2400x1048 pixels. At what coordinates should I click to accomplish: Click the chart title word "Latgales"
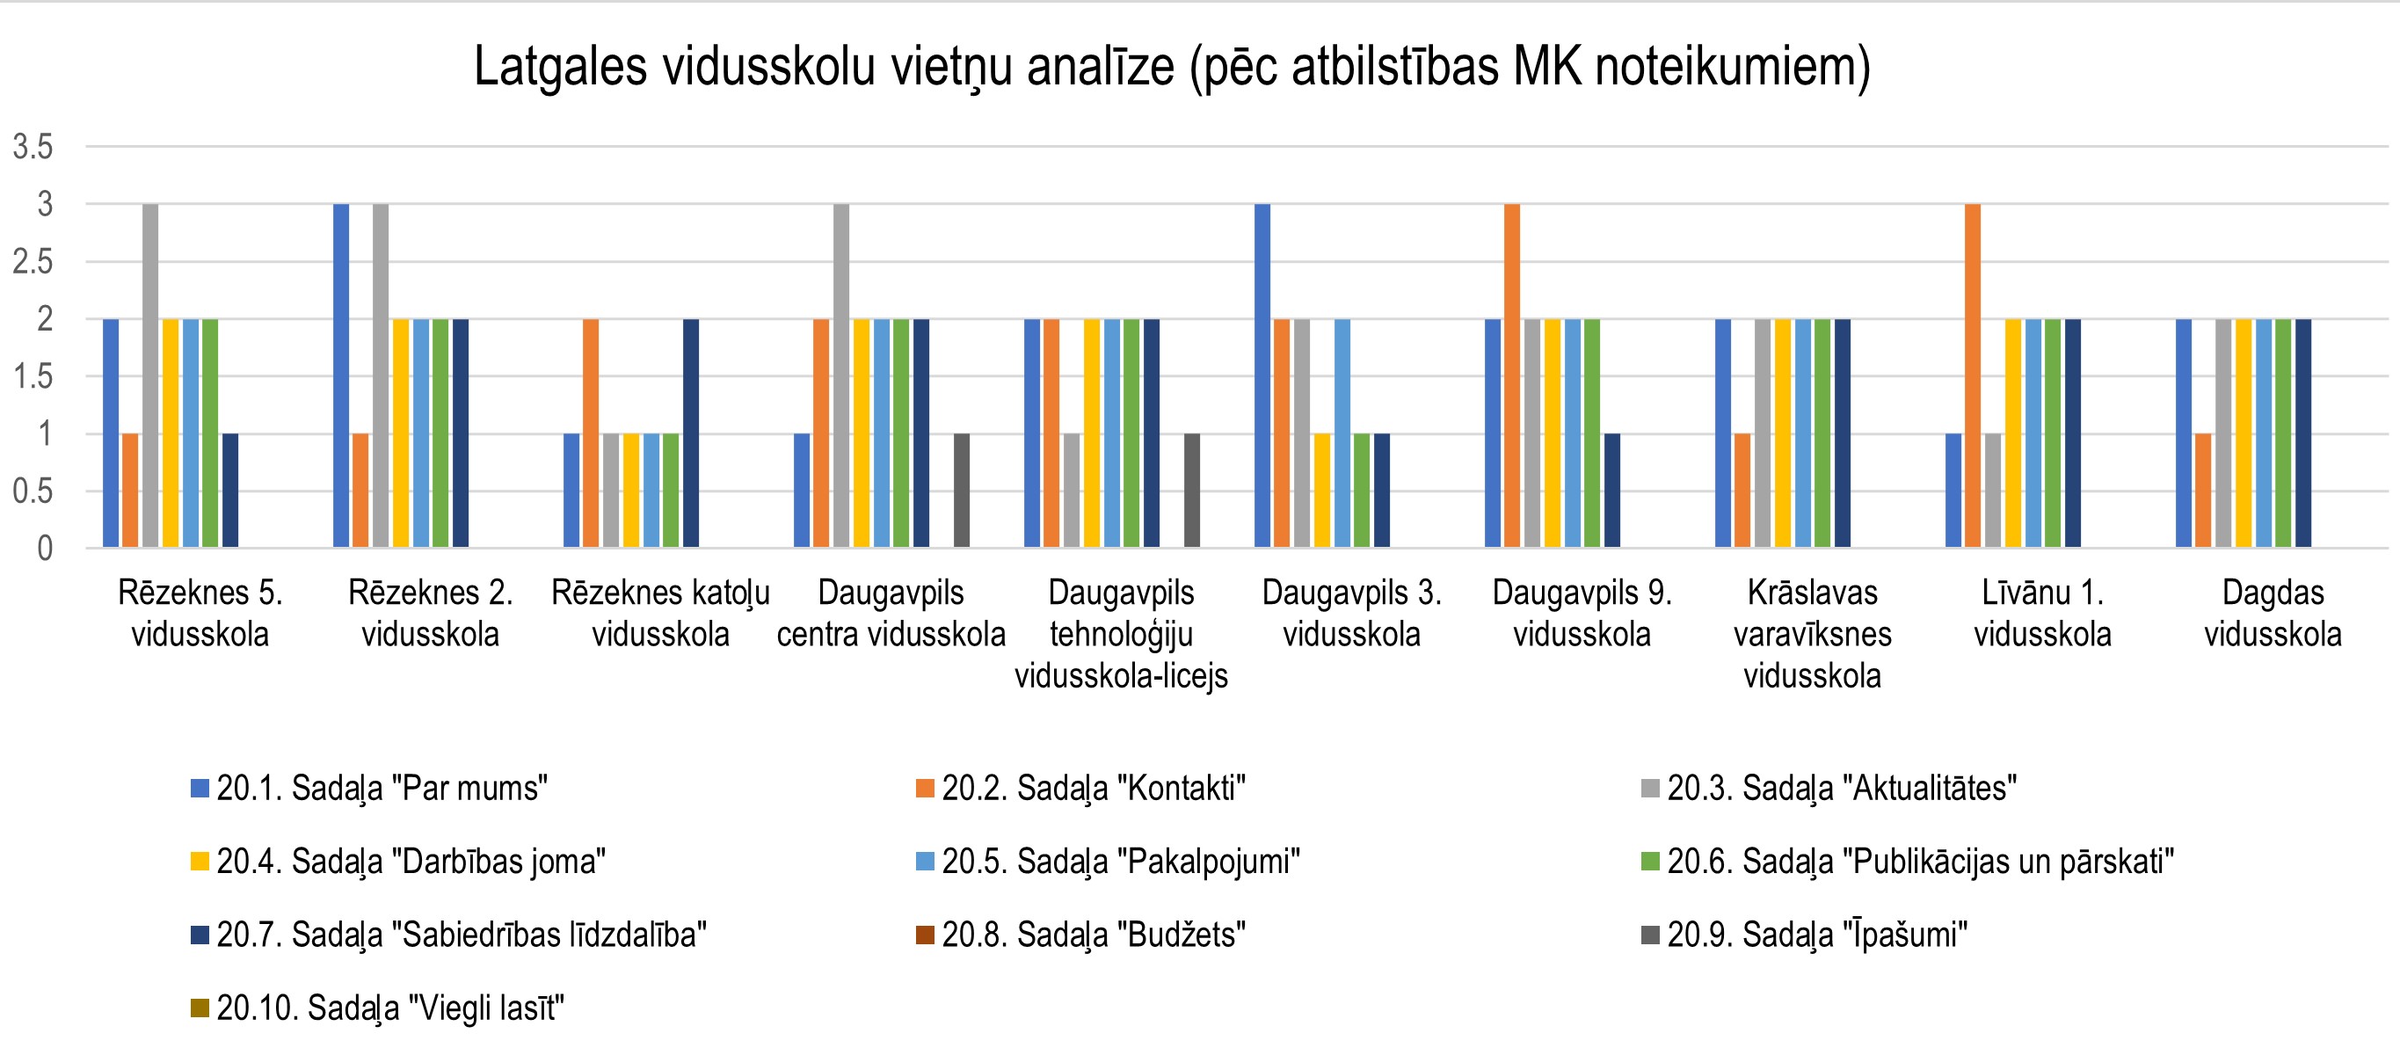pyautogui.click(x=560, y=67)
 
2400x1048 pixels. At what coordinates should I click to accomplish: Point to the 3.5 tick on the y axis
pyautogui.click(x=33, y=147)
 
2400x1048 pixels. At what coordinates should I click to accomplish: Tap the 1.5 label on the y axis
pyautogui.click(x=33, y=377)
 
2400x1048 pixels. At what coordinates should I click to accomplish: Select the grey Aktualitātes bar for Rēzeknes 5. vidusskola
pyautogui.click(x=150, y=375)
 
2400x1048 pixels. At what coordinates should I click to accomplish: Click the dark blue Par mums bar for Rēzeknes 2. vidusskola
pyautogui.click(x=341, y=375)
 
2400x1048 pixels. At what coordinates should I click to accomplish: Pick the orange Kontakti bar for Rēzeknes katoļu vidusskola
pyautogui.click(x=591, y=433)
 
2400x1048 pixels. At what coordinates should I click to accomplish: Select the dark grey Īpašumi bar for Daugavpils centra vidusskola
pyautogui.click(x=962, y=491)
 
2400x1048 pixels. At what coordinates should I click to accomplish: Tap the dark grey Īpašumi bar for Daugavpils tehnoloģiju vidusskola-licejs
pyautogui.click(x=1191, y=491)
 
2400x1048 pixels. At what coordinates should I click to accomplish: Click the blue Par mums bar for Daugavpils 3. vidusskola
pyautogui.click(x=1262, y=375)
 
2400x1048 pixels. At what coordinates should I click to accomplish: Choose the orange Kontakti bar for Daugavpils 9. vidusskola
pyautogui.click(x=1512, y=375)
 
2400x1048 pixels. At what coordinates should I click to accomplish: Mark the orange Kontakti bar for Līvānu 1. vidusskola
pyautogui.click(x=1973, y=375)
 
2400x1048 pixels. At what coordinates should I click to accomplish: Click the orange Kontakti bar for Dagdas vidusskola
pyautogui.click(x=2203, y=491)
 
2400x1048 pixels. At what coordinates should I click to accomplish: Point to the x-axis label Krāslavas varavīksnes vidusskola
pyautogui.click(x=1812, y=633)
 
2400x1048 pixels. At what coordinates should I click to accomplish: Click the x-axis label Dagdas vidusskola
pyautogui.click(x=2273, y=613)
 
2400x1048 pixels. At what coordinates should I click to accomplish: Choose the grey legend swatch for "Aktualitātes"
pyautogui.click(x=1650, y=789)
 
